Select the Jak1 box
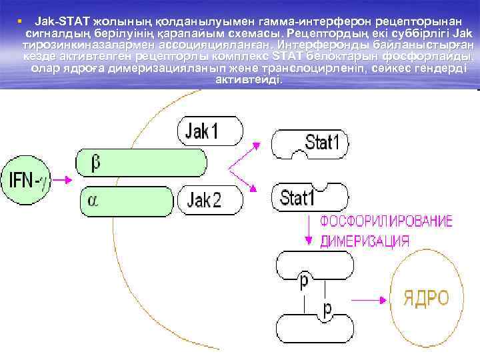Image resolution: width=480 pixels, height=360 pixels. coord(209,131)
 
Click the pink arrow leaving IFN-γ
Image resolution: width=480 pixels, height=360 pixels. coord(61,179)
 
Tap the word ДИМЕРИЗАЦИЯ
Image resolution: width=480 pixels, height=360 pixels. coord(365,241)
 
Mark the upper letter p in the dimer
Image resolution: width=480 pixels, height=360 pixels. coord(304,281)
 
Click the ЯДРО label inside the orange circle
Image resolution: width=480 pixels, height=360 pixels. coord(425,297)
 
